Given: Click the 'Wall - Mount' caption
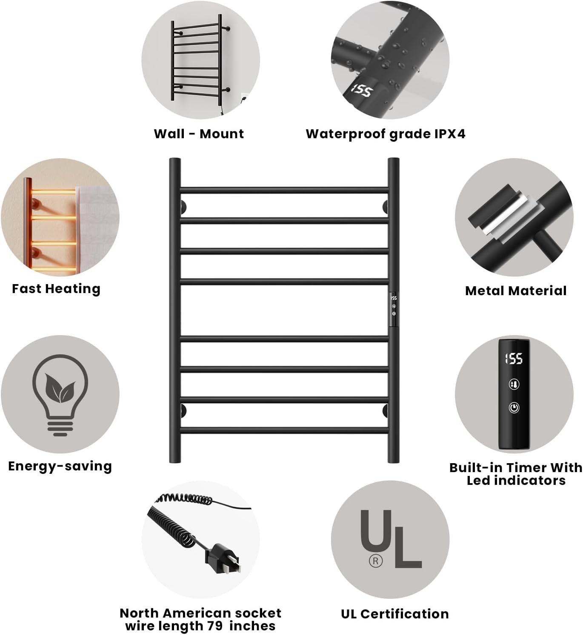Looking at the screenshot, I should (199, 134).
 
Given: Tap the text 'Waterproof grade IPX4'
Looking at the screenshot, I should (386, 134).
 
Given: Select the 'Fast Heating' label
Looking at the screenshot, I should (56, 289).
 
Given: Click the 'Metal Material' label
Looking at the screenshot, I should (516, 290).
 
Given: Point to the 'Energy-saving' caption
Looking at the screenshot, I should (60, 466).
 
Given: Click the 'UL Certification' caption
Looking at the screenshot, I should (394, 614).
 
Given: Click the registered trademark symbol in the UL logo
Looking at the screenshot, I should (375, 561).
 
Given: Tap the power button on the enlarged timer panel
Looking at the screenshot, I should (514, 407).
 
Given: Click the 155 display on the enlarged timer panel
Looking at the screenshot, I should (514, 359).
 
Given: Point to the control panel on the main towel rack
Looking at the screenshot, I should (394, 309).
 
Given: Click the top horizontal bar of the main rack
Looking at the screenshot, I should (284, 190).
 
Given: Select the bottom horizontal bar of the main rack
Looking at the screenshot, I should (284, 430).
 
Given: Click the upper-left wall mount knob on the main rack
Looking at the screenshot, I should (183, 207).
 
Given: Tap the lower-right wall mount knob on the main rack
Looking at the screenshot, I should (386, 411).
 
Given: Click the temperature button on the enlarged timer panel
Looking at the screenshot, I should (514, 384).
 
